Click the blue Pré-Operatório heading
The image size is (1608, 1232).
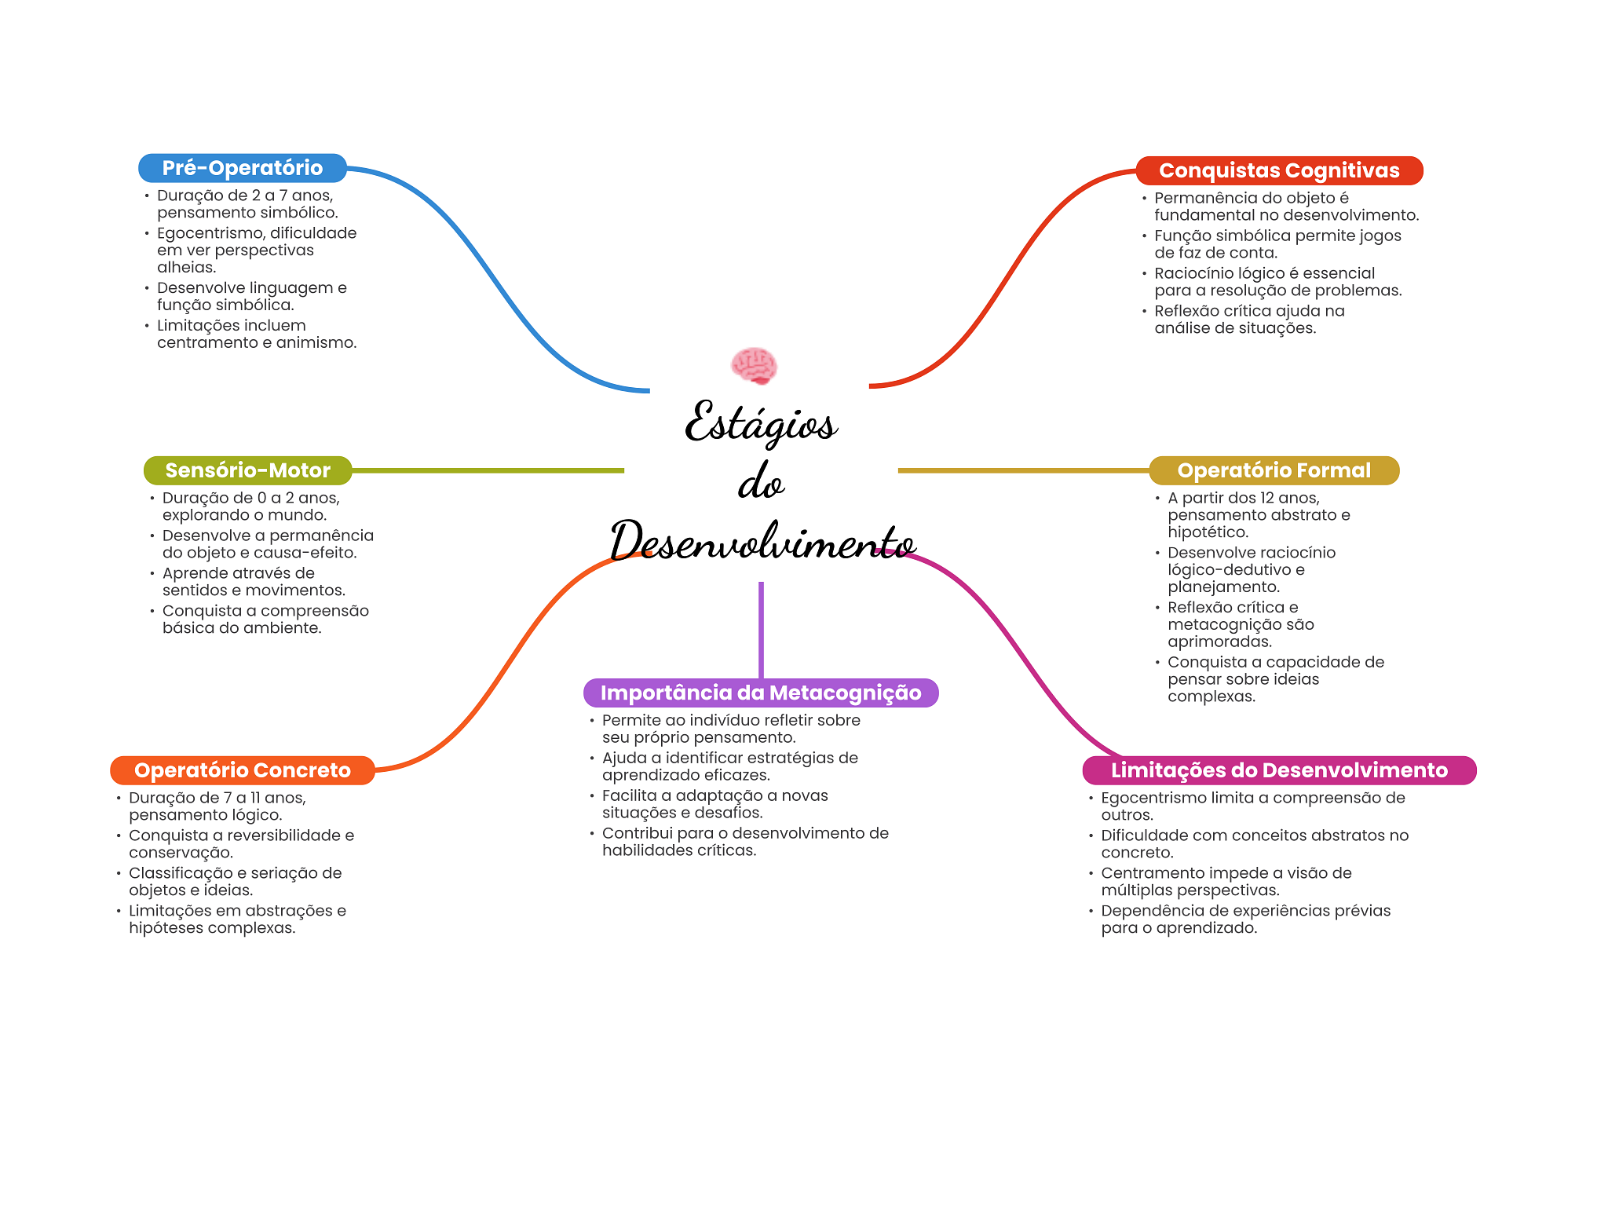coord(242,168)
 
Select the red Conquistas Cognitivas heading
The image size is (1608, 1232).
coord(1278,170)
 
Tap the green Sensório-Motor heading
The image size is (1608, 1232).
coord(247,470)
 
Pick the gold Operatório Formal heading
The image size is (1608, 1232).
coord(1273,470)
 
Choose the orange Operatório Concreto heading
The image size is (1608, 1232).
coord(242,770)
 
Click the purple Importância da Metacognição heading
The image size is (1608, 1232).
coord(760,693)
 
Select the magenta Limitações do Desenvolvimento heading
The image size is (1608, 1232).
coord(1278,770)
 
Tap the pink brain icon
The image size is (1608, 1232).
coord(754,366)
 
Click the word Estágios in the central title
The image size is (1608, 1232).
coord(760,424)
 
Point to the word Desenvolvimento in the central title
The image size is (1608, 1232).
coord(762,542)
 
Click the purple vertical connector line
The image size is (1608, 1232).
coord(761,628)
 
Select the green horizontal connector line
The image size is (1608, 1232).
coord(487,470)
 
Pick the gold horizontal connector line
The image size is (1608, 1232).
coord(1021,470)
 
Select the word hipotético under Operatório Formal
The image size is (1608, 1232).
coord(1208,532)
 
